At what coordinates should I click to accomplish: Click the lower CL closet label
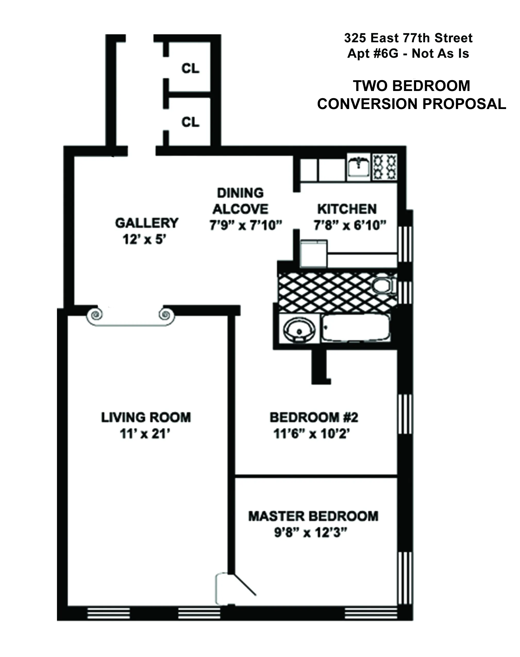(190, 122)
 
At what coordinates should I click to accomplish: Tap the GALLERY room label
(146, 223)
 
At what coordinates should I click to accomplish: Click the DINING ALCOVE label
(240, 201)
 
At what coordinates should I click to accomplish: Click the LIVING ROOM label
(146, 417)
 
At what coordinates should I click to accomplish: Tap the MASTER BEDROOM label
(313, 516)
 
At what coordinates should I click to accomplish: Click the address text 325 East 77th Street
(408, 38)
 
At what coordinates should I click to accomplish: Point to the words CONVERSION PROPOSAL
(411, 104)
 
